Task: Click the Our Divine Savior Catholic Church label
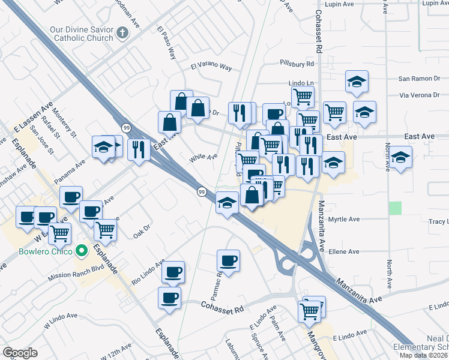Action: [x=82, y=34]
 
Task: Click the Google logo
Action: [x=20, y=353]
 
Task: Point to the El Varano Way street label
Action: [x=211, y=67]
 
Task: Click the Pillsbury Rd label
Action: [x=297, y=63]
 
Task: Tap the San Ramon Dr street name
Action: [x=420, y=79]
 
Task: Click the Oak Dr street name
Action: [x=142, y=234]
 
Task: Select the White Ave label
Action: [x=203, y=158]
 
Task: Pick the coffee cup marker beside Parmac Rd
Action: [x=228, y=260]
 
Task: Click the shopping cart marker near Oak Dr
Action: [x=106, y=229]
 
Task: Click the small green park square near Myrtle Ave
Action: [x=394, y=208]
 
